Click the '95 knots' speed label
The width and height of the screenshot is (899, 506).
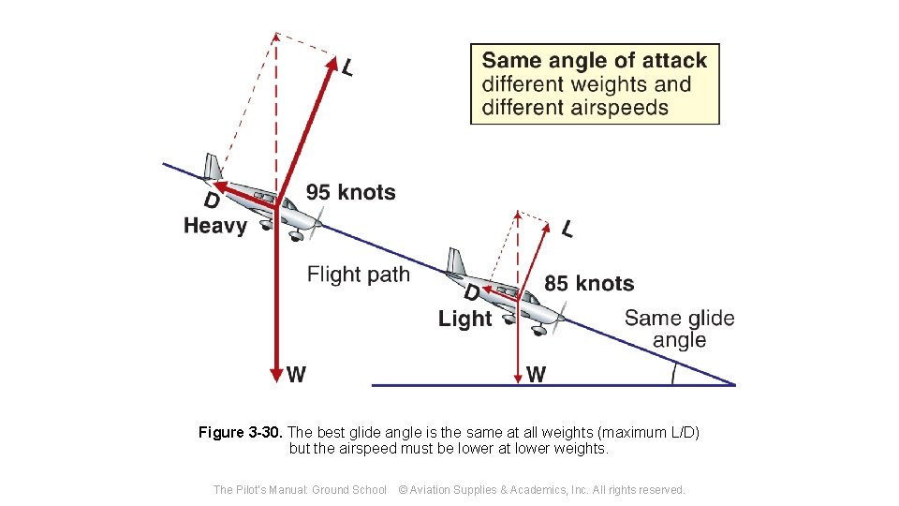[x=350, y=193]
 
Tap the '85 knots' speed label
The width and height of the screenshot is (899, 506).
[x=589, y=283]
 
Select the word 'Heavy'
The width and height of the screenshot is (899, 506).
[x=215, y=226]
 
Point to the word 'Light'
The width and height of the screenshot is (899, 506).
[x=464, y=319]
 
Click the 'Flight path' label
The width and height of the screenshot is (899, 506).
[x=359, y=275]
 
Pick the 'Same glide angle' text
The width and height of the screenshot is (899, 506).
[x=679, y=329]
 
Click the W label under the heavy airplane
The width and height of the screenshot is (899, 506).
[x=296, y=375]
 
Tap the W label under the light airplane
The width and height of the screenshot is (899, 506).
[x=536, y=375]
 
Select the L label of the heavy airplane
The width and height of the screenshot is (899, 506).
[x=347, y=67]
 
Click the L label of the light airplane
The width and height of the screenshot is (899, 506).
[x=568, y=229]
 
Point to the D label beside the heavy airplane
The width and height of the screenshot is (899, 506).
[x=212, y=201]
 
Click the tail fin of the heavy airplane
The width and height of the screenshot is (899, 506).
[x=213, y=167]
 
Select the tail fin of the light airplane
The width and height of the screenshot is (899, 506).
[x=456, y=261]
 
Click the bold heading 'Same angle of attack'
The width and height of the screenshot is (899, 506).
[x=595, y=61]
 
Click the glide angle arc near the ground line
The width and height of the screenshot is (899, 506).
[x=673, y=373]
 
